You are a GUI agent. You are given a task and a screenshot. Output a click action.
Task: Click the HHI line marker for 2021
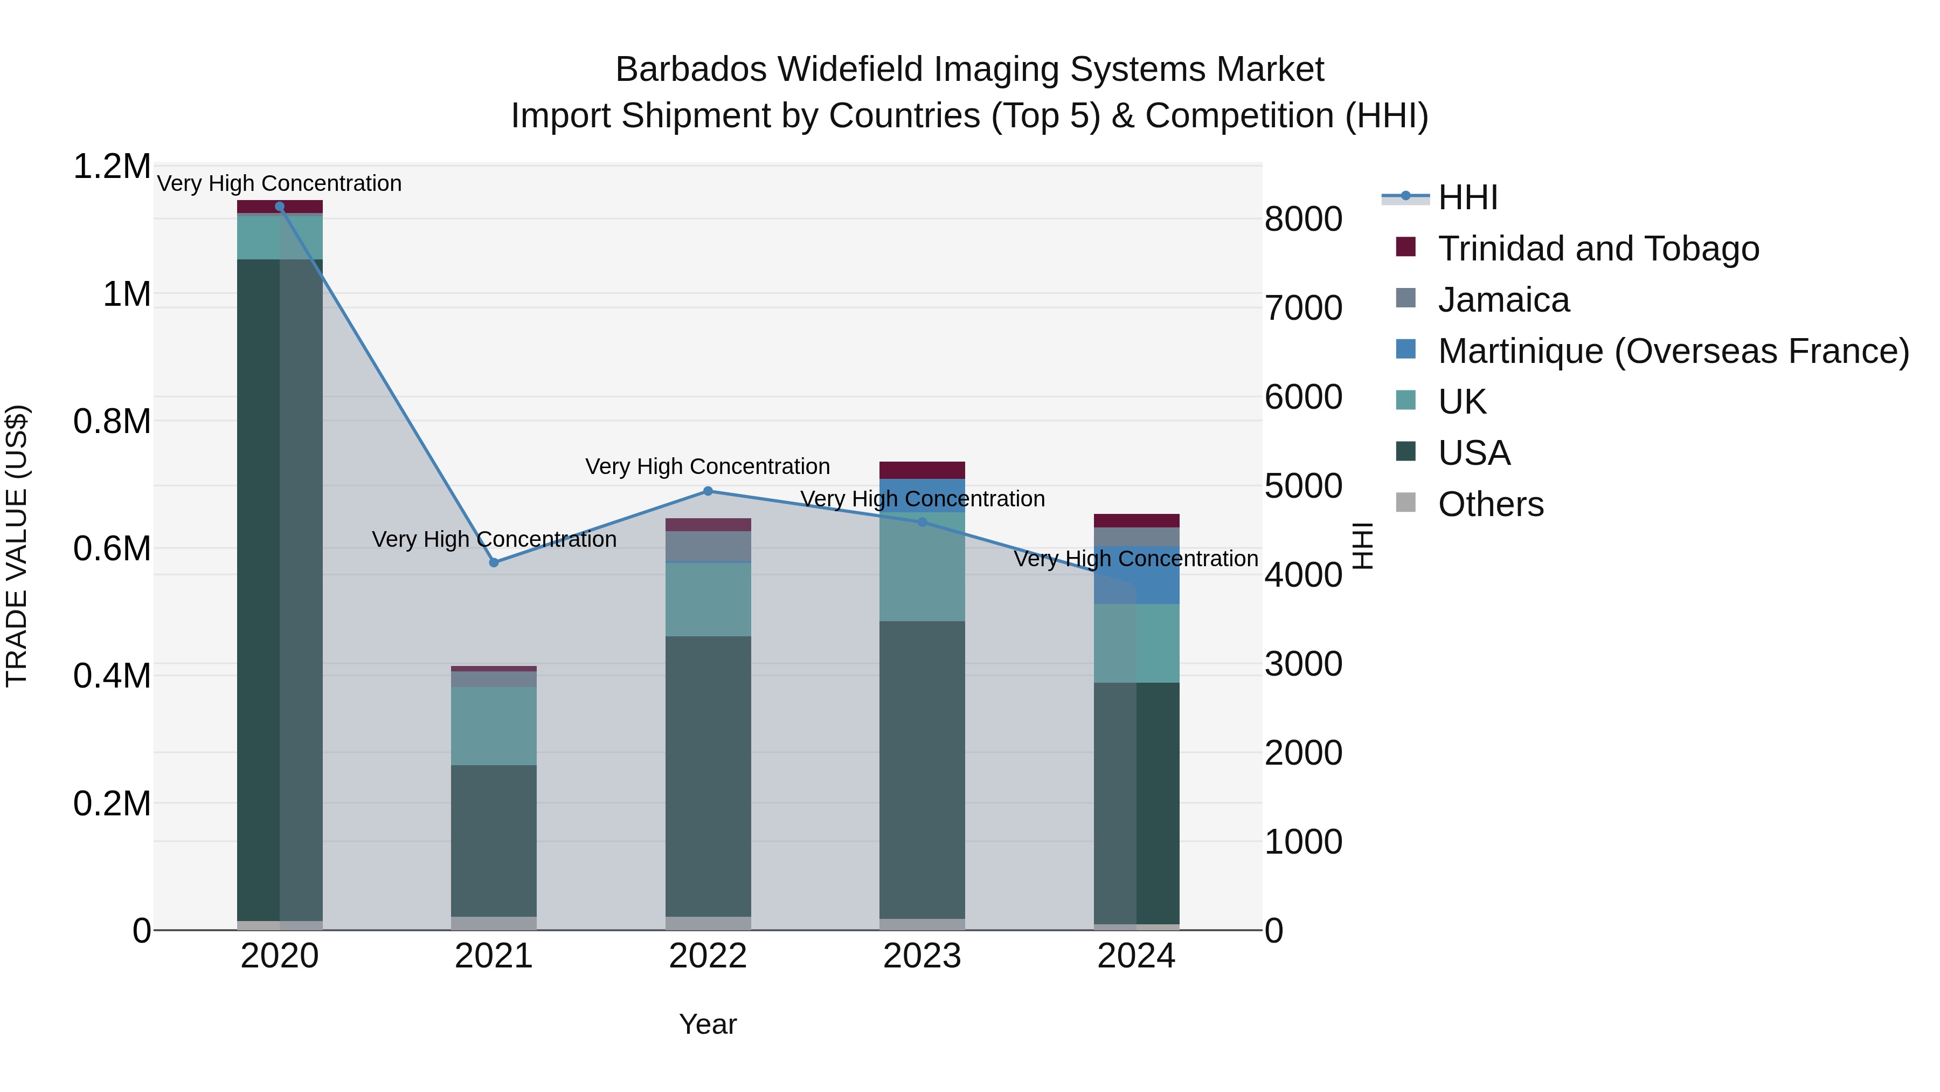click(494, 562)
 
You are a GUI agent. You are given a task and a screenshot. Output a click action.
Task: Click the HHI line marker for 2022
click(708, 491)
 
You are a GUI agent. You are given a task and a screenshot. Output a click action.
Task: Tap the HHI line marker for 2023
click(922, 522)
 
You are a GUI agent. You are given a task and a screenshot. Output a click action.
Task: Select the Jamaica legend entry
click(1503, 300)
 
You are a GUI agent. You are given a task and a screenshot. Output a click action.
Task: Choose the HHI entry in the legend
click(1467, 197)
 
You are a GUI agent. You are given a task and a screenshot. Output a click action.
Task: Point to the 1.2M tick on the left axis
click(112, 167)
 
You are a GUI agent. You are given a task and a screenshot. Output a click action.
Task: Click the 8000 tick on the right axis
click(1303, 219)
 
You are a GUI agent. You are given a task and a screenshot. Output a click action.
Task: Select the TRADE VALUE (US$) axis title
click(17, 546)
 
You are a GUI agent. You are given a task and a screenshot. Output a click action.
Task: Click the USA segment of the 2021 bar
click(494, 840)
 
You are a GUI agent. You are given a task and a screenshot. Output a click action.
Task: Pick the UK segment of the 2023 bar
click(922, 567)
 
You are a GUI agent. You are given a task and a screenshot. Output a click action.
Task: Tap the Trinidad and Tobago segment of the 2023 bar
click(922, 470)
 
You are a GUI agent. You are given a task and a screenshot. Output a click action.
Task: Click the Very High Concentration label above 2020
click(279, 184)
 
